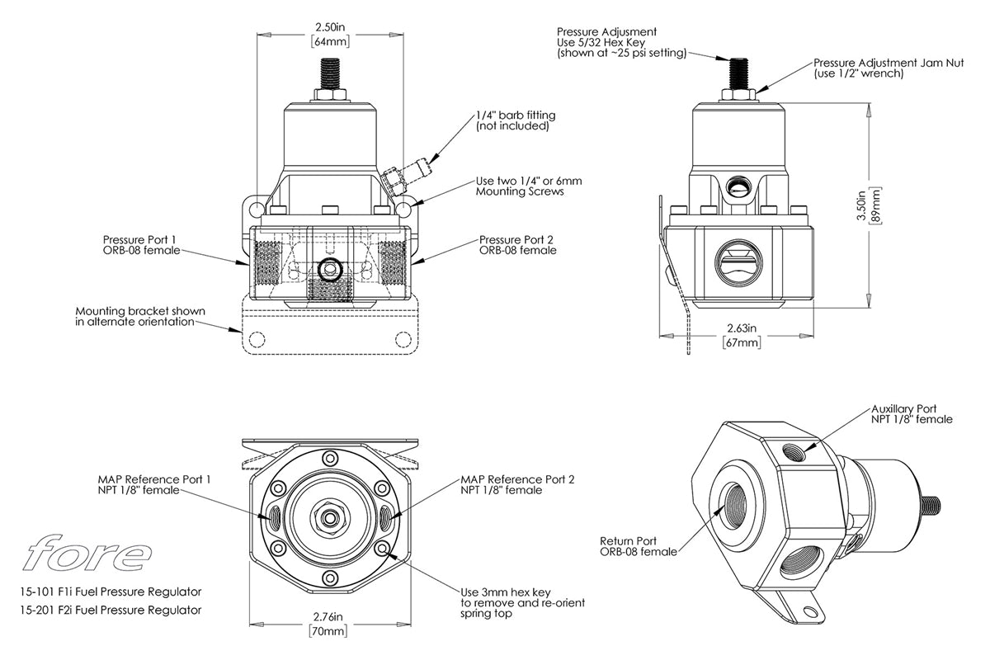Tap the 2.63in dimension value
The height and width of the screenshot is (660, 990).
pos(739,327)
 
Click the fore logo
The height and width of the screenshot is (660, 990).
pos(87,554)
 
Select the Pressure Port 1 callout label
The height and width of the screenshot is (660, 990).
pos(140,244)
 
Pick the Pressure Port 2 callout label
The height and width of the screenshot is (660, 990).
pos(517,244)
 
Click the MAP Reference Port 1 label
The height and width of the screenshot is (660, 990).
pos(154,484)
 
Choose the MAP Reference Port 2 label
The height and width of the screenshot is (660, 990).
pos(517,484)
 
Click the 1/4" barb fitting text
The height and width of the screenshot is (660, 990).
pos(512,120)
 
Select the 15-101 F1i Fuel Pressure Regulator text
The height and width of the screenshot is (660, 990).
pos(110,592)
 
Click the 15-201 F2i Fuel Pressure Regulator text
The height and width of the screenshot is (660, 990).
pos(110,610)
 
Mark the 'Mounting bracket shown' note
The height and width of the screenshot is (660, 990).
pos(140,316)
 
